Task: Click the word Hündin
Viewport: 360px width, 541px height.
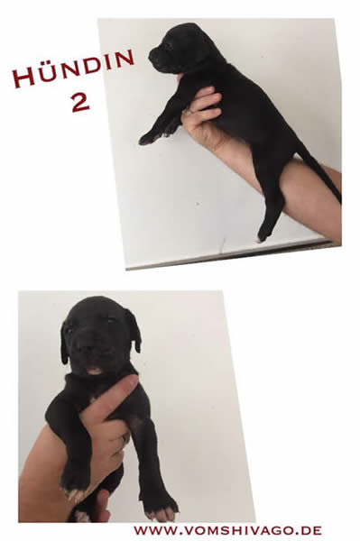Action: (x=73, y=69)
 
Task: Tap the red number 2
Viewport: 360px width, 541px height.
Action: (x=80, y=102)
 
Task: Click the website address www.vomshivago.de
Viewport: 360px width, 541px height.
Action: (x=227, y=530)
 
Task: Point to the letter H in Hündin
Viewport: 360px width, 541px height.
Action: (x=23, y=78)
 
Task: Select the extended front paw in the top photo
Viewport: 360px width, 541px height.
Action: (x=149, y=138)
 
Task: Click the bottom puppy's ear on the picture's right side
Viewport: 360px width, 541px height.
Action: (x=134, y=329)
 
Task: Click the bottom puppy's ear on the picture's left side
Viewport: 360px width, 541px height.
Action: (x=65, y=343)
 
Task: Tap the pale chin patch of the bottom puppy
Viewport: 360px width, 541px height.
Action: (x=94, y=371)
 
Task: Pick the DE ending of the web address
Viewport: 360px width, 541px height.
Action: (x=311, y=530)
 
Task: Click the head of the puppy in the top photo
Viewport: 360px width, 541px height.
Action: (x=180, y=49)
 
